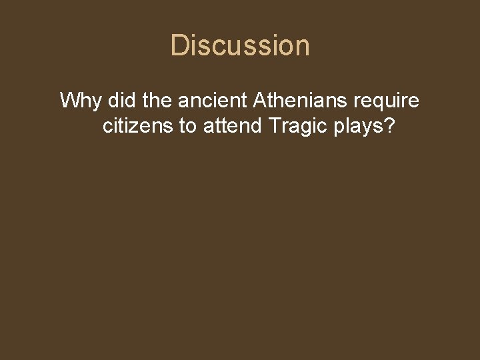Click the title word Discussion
[x=240, y=45]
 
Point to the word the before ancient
[x=157, y=101]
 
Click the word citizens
[x=138, y=126]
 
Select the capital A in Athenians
[x=261, y=101]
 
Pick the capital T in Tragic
[x=275, y=126]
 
